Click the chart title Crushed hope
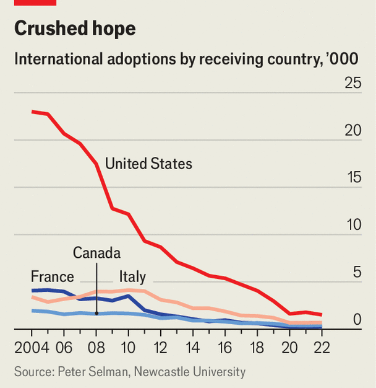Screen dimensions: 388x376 pyautogui.click(x=74, y=29)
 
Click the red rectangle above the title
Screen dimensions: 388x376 pyautogui.click(x=35, y=2)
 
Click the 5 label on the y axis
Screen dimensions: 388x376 pyautogui.click(x=357, y=272)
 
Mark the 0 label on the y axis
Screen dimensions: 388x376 pyautogui.click(x=357, y=319)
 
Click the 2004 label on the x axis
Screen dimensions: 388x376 pyautogui.click(x=31, y=346)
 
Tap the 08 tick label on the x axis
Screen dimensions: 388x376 pyautogui.click(x=96, y=346)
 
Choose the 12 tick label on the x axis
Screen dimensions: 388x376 pyautogui.click(x=160, y=346)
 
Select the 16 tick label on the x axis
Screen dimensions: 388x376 pyautogui.click(x=225, y=346)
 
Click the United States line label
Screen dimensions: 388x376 pyautogui.click(x=148, y=164)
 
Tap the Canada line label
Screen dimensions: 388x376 pyautogui.click(x=96, y=253)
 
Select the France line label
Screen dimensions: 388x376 pyautogui.click(x=53, y=276)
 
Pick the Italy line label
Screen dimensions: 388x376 pyautogui.click(x=132, y=276)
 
